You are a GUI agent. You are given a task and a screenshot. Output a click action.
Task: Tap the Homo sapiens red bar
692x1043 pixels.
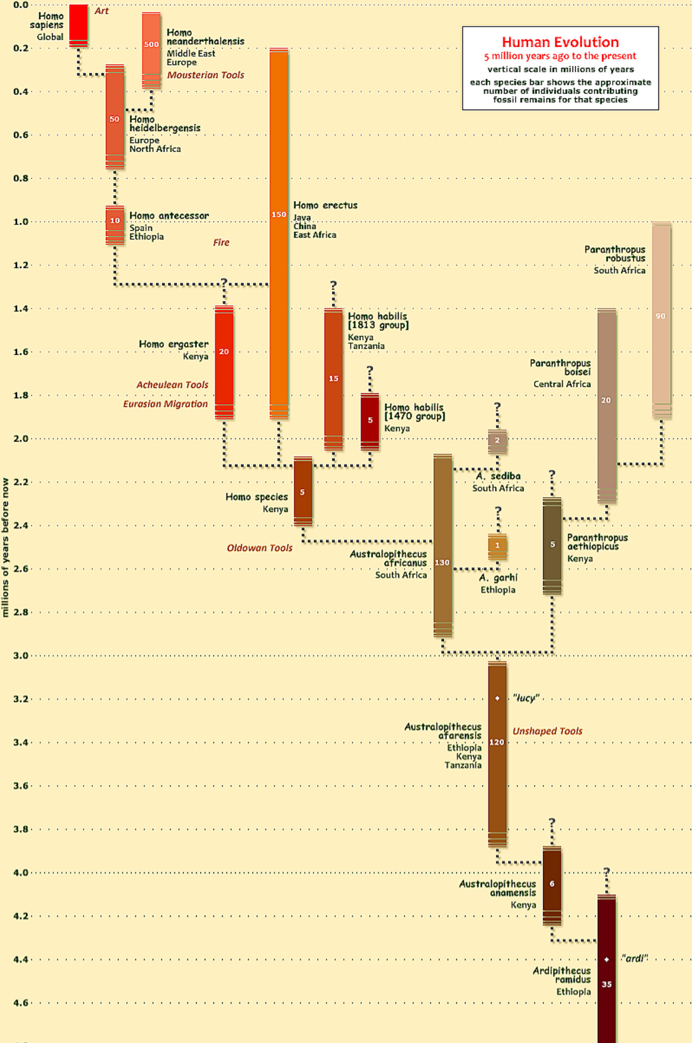pos(79,24)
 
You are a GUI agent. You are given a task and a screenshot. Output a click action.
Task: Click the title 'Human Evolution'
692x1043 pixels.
pos(560,42)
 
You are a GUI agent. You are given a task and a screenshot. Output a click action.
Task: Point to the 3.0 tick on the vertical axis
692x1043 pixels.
pos(21,656)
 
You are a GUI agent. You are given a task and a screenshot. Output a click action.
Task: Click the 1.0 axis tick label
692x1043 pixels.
pos(21,222)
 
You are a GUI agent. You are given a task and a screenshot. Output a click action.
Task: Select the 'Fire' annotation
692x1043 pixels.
pos(221,242)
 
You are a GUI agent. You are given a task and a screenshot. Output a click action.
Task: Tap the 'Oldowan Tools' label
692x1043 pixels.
pos(260,548)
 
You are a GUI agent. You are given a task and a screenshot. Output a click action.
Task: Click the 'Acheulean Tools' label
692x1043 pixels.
pos(172,385)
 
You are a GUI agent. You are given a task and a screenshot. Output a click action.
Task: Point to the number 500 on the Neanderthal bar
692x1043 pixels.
pos(152,45)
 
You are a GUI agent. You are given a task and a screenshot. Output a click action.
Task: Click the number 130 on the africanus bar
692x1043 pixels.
pos(442,562)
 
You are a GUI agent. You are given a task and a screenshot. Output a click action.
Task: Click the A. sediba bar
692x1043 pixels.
pos(497,441)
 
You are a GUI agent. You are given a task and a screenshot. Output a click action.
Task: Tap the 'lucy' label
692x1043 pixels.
pos(526,698)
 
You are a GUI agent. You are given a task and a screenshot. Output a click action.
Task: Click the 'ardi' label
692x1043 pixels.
pos(634,958)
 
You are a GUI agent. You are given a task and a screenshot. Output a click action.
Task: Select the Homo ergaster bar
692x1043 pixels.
pos(224,362)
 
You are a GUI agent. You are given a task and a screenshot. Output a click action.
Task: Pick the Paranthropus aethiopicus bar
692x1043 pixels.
pos(552,545)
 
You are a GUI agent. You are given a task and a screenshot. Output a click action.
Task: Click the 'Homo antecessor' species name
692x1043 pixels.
pos(169,216)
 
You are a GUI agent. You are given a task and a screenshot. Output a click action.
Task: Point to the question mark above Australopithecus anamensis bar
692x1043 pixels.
pos(552,822)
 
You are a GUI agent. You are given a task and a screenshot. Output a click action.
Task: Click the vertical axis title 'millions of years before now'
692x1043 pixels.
pos(5,547)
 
